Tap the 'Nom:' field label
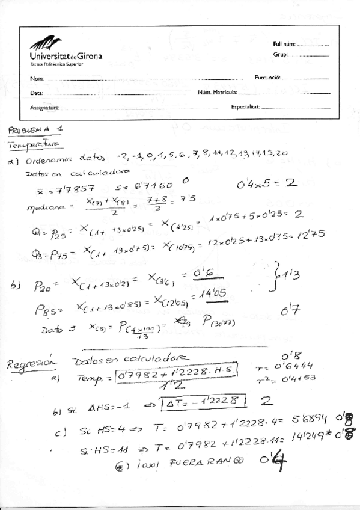pyautogui.click(x=37, y=78)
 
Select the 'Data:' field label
pyautogui.click(x=37, y=93)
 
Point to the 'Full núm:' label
pyautogui.click(x=284, y=45)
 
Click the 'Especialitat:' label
pyautogui.click(x=245, y=106)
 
